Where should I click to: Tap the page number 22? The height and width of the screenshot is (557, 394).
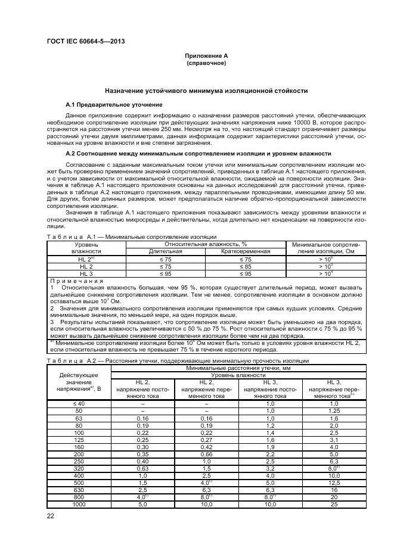(51, 516)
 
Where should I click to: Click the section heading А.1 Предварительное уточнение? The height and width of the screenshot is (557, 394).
(114, 105)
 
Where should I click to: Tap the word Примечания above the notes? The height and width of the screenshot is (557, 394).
(77, 281)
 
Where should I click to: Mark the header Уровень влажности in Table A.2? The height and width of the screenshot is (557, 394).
(237, 376)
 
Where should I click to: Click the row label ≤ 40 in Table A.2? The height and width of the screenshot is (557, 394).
(78, 404)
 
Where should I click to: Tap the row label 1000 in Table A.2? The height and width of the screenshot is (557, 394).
(78, 504)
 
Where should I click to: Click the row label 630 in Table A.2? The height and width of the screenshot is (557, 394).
(78, 490)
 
